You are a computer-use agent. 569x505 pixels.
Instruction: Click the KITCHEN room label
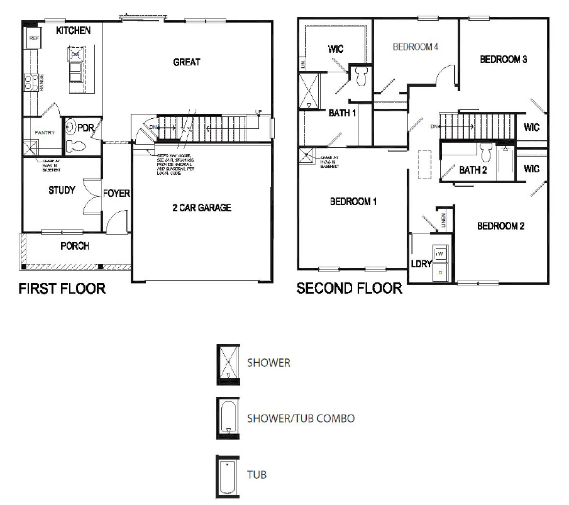click(74, 30)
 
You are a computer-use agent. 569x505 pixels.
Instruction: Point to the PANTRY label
click(44, 133)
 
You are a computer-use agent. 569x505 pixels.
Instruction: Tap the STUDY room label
click(62, 190)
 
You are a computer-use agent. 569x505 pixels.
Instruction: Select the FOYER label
click(116, 193)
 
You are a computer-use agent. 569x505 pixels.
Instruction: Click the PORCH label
click(74, 246)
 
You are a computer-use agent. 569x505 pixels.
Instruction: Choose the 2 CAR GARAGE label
click(201, 208)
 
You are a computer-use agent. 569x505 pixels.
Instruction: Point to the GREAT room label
click(187, 62)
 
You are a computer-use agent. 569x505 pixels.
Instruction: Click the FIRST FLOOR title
click(62, 289)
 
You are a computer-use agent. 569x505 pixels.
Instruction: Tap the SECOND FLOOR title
click(349, 289)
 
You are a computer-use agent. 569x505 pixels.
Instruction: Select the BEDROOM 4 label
click(415, 47)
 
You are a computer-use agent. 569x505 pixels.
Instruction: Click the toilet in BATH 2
click(485, 152)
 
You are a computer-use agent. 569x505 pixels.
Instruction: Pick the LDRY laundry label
click(421, 264)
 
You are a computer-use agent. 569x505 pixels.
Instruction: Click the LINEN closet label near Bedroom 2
click(444, 219)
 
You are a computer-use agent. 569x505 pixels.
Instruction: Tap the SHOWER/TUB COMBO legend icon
click(228, 418)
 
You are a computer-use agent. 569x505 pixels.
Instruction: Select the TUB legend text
click(257, 474)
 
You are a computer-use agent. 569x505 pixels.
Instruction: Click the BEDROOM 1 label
click(353, 202)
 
